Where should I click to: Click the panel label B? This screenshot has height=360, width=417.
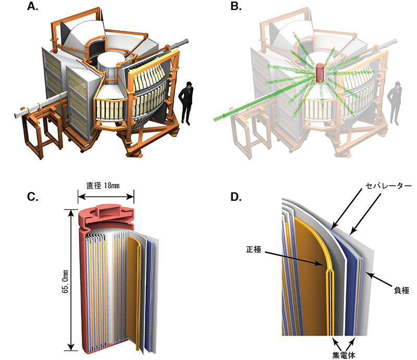tap(235, 8)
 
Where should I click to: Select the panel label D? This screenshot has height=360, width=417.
tap(236, 197)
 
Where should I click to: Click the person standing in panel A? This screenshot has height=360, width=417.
tap(186, 103)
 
